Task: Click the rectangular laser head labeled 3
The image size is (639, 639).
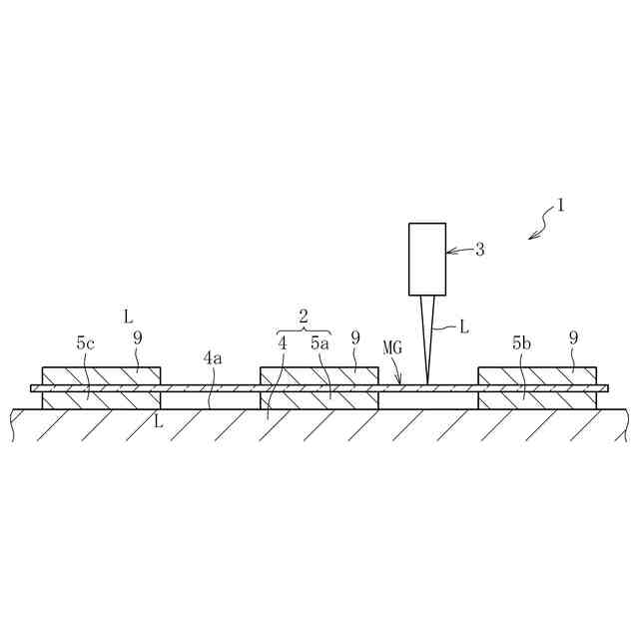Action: [427, 259]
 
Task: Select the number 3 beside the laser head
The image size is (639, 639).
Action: [479, 250]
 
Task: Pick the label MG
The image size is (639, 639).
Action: [391, 346]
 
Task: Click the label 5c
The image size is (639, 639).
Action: [86, 342]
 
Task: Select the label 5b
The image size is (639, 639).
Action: [521, 342]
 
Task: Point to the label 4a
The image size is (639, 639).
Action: [213, 356]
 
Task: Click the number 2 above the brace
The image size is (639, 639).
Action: [304, 316]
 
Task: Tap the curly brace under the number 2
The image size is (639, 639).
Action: [304, 330]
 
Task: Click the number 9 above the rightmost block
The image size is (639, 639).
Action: [573, 338]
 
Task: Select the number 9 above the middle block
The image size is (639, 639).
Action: [355, 338]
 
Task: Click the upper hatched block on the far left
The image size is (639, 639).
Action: [100, 375]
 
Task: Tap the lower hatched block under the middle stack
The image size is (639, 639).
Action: [319, 399]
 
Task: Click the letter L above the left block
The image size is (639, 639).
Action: [128, 317]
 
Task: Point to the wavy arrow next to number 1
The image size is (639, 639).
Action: [542, 223]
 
